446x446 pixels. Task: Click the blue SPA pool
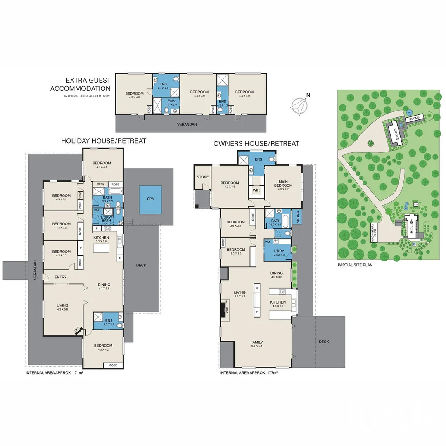150,199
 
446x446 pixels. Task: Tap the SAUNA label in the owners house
298,216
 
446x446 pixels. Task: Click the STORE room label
203,177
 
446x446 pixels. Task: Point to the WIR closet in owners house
256,190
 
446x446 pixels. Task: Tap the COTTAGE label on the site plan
396,134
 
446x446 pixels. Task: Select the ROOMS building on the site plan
414,119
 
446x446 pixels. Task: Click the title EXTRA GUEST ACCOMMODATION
81,85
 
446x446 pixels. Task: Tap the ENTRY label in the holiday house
61,277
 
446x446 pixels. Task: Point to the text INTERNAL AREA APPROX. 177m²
249,373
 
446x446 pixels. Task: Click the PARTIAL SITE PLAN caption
355,265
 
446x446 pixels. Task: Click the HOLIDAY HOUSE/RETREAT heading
104,141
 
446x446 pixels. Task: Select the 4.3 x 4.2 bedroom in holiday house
103,348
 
